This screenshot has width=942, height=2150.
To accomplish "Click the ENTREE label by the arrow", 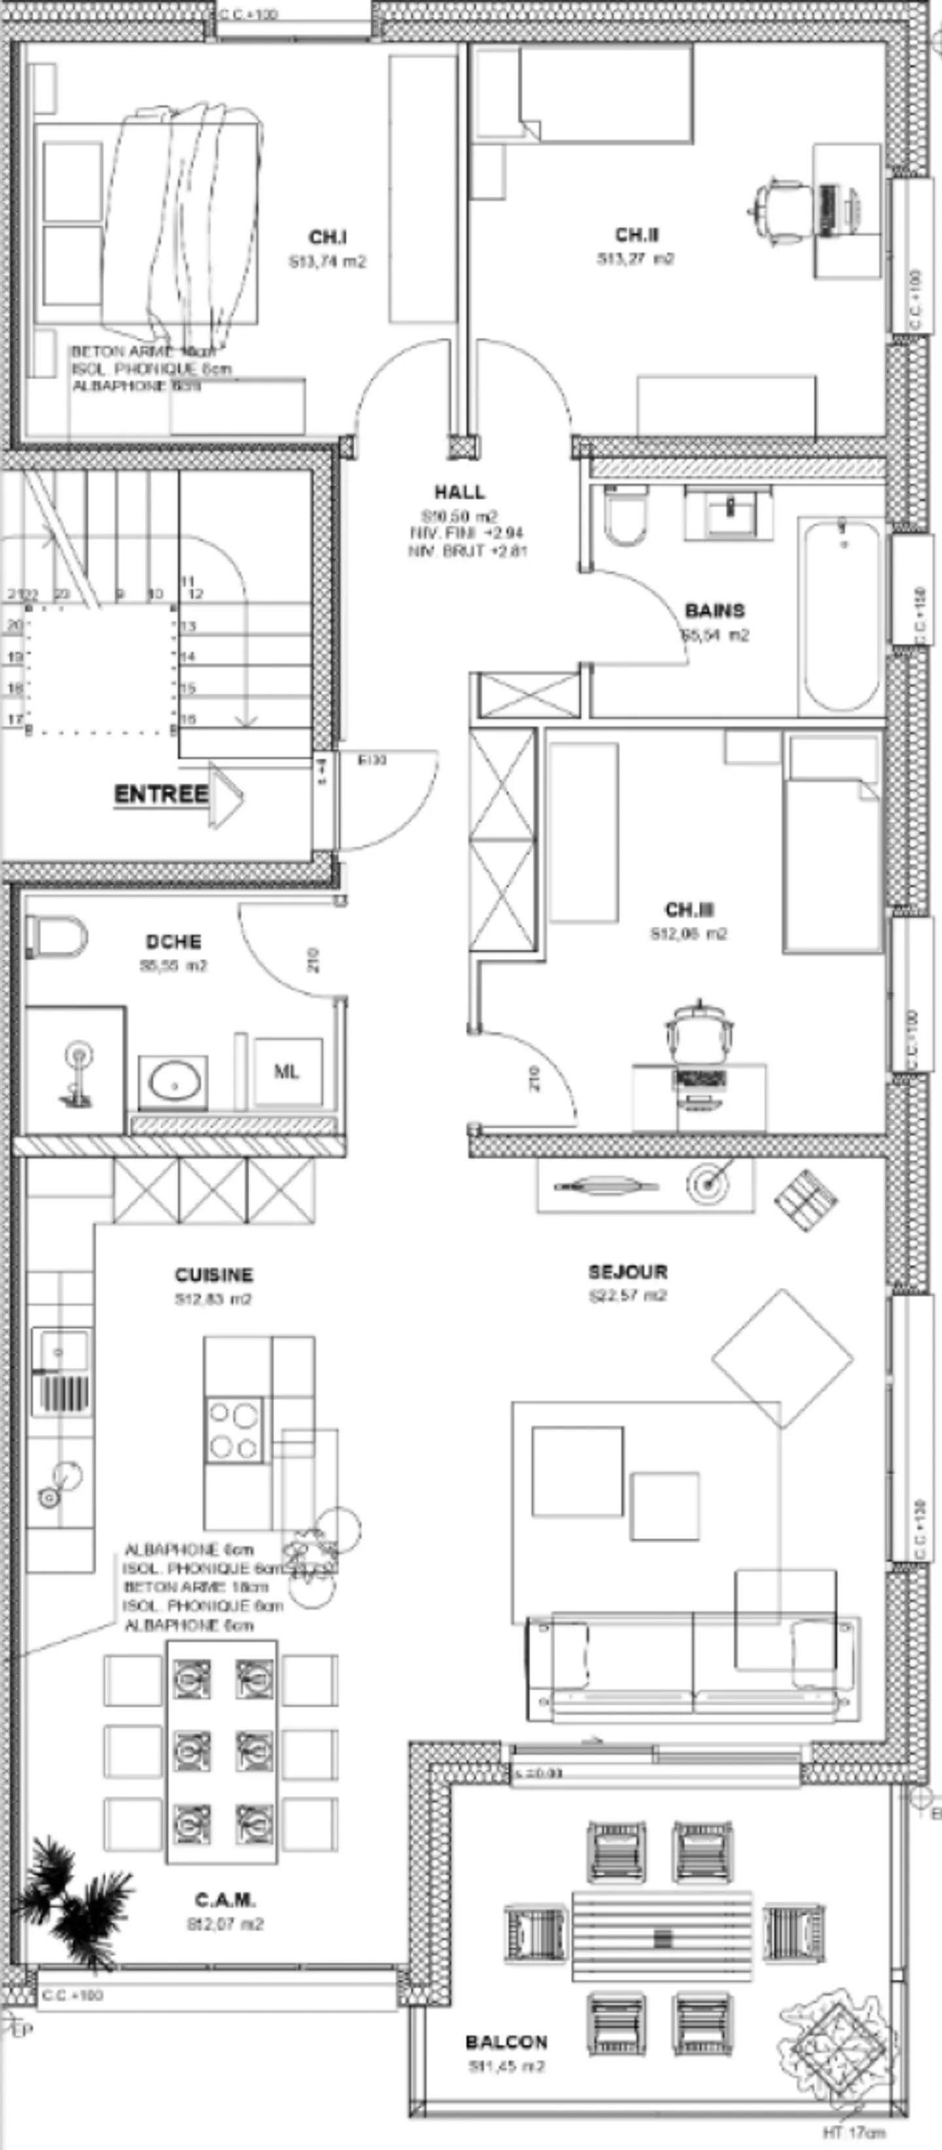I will (x=161, y=794).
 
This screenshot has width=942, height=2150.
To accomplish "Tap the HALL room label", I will (x=459, y=493).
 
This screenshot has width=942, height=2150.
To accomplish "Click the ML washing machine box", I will (x=288, y=1072).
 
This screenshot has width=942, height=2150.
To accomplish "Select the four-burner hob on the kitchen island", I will (x=234, y=1430).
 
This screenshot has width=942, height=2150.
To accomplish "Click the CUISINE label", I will (x=214, y=1275).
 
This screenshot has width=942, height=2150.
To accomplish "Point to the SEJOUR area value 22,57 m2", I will (x=627, y=1296).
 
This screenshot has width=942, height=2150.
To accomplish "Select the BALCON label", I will (x=506, y=2042).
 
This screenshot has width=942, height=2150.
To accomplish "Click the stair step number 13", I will (x=188, y=626).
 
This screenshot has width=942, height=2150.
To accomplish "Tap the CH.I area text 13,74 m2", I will (x=327, y=262).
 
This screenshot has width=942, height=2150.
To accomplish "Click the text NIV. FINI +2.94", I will (x=466, y=533).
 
